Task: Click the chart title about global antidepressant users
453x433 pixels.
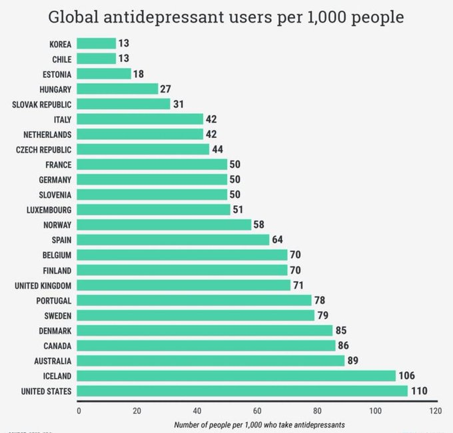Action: [226, 16]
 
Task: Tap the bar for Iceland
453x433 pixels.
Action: [236, 375]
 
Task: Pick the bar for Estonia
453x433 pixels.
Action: [104, 73]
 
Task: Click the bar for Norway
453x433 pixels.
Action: [164, 224]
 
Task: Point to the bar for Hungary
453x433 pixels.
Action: [117, 89]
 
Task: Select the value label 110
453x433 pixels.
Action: [418, 390]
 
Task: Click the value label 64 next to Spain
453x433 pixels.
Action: [278, 239]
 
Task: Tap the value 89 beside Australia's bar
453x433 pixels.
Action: [354, 360]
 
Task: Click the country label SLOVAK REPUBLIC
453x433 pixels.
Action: [41, 104]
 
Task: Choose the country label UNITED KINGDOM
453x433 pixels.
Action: [42, 285]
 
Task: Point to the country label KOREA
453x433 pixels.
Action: [61, 44]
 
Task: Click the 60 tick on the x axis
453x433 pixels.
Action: [256, 410]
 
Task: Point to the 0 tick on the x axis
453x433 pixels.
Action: [79, 410]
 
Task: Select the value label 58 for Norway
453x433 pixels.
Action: [260, 224]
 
